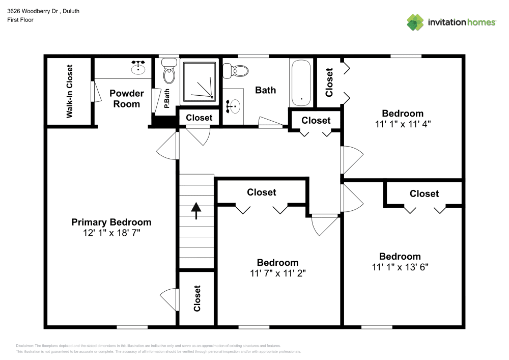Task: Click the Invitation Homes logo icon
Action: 415,22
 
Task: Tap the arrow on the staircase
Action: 196,210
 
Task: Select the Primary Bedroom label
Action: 111,222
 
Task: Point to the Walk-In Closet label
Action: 70,91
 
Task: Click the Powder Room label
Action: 127,99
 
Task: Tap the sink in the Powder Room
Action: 138,67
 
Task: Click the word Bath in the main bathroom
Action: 265,90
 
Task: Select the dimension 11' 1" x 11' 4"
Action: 403,123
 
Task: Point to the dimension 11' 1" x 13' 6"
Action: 400,267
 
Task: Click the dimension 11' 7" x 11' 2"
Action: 277,273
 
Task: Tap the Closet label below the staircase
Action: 197,298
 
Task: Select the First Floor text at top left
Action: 20,20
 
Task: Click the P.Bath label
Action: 166,99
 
